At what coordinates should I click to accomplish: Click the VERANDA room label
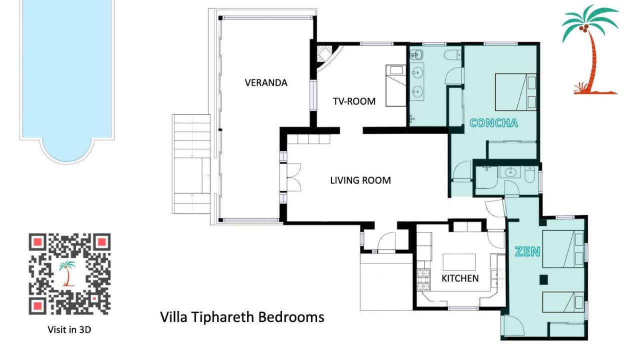click(x=266, y=83)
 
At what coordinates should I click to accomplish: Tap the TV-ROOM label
click(x=354, y=101)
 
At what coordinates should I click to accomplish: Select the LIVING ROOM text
click(x=360, y=180)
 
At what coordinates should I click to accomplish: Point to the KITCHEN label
click(x=460, y=278)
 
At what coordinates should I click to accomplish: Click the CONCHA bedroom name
click(x=493, y=123)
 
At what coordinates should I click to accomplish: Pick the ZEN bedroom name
click(x=527, y=251)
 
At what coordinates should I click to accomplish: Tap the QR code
click(x=69, y=274)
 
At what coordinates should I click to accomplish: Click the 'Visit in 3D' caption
click(x=69, y=329)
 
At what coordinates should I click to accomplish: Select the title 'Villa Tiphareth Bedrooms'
click(x=242, y=317)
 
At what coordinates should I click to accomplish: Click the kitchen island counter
click(x=459, y=262)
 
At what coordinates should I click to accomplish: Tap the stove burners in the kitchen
click(x=423, y=280)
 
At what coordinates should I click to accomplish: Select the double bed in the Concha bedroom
click(x=515, y=92)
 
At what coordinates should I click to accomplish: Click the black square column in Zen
click(x=543, y=279)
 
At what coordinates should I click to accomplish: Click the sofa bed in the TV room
click(x=395, y=85)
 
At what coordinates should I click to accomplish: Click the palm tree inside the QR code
click(x=67, y=273)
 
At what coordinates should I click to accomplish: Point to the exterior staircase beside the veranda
click(x=191, y=164)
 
